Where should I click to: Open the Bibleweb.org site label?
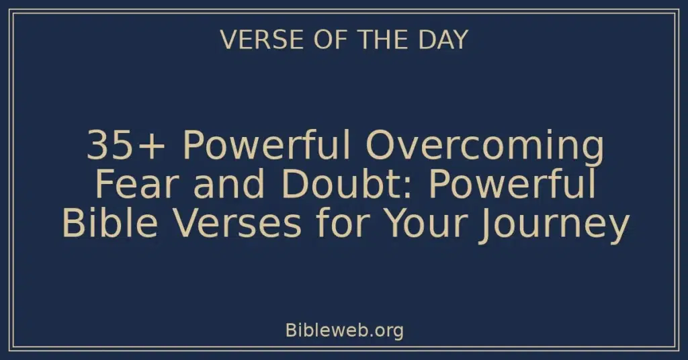(344, 330)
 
